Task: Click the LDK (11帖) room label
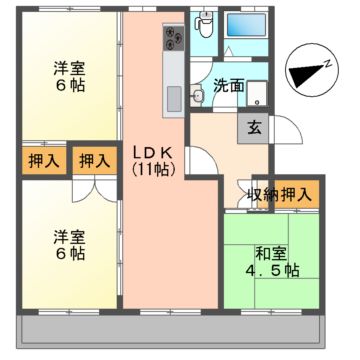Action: click(152, 160)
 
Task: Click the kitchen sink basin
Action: click(171, 98)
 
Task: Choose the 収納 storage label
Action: click(263, 194)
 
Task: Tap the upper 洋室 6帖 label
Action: click(69, 77)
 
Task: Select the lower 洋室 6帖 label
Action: click(69, 244)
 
